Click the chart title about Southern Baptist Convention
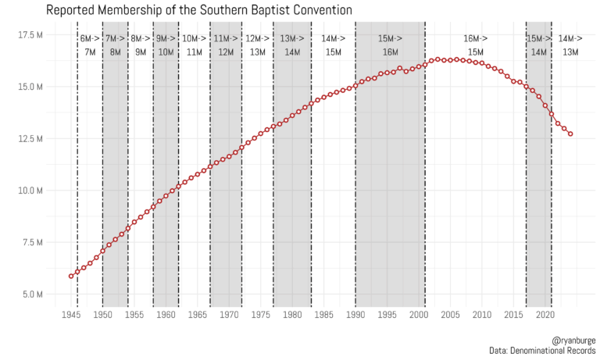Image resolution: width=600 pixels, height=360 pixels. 199,10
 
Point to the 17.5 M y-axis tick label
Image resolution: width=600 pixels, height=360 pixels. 30,35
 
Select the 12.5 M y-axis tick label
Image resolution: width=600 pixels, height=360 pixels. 30,139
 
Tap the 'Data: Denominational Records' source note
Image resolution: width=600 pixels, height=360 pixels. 543,352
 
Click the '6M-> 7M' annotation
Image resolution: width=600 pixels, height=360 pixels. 90,45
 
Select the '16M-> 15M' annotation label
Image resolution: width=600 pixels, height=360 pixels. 475,45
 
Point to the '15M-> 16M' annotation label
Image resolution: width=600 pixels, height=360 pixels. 390,45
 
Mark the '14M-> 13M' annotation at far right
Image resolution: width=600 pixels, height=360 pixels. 570,45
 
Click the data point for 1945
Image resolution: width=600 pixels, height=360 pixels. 71,276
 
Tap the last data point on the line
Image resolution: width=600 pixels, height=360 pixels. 570,134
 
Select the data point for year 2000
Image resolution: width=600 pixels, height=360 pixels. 419,66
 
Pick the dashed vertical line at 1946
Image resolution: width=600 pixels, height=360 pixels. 77,172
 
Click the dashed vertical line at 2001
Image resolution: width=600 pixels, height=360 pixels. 425,172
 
